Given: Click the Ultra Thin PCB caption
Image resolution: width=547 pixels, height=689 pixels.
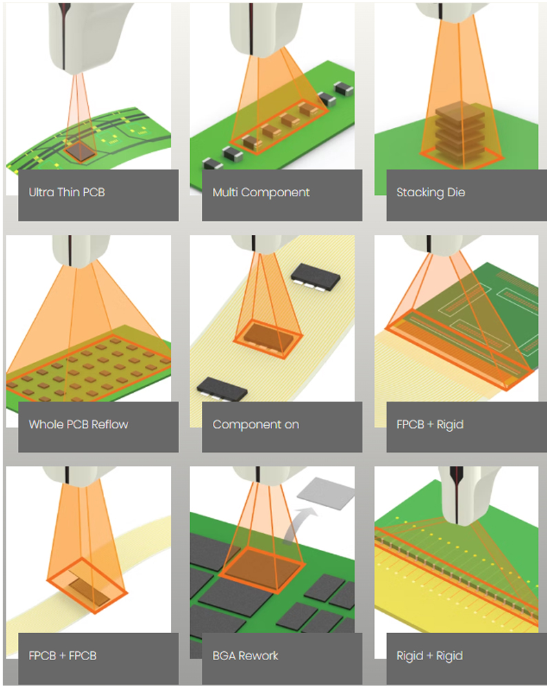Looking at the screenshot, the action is pyautogui.click(x=67, y=192).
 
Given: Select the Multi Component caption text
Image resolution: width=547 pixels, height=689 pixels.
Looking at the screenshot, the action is pyautogui.click(x=261, y=192).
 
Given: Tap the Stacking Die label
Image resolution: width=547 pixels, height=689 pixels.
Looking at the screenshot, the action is pyautogui.click(x=431, y=192).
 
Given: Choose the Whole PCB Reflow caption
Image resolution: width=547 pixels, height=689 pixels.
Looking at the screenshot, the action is pyautogui.click(x=79, y=424).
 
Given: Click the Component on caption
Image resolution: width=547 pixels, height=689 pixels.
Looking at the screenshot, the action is pyautogui.click(x=256, y=424).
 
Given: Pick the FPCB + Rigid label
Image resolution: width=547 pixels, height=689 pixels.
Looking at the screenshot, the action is pyautogui.click(x=430, y=424).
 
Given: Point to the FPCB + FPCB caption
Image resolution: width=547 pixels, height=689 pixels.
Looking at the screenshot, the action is pyautogui.click(x=63, y=656).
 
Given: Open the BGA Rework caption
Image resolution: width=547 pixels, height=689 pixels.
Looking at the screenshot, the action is pyautogui.click(x=245, y=656).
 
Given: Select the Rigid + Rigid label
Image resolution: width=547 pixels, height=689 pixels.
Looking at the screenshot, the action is pyautogui.click(x=429, y=656).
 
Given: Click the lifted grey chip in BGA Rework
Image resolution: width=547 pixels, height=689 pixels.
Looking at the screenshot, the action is pyautogui.click(x=326, y=493).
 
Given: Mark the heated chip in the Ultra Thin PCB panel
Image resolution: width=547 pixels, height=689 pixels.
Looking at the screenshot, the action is pyautogui.click(x=81, y=151).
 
